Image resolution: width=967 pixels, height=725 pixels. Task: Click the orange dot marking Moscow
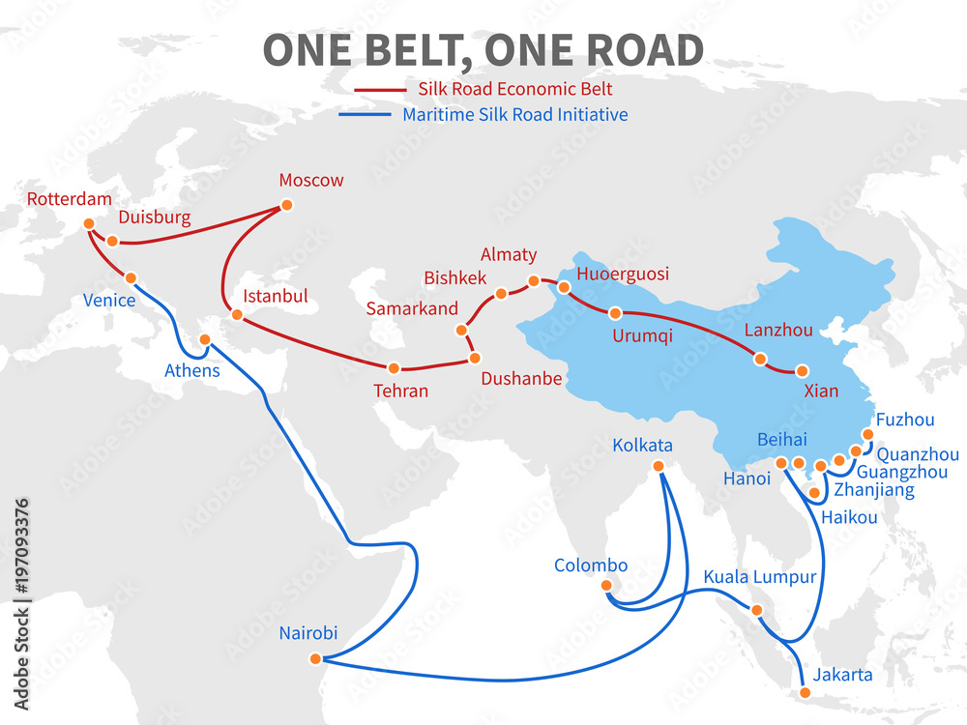point(286,204)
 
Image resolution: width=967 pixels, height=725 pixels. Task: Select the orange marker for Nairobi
point(315,659)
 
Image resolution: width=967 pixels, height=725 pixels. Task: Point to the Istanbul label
point(276,297)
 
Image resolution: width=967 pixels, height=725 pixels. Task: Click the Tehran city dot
point(394,368)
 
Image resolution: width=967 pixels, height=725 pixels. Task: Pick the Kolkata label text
point(642,446)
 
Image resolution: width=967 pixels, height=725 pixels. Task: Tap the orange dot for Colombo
point(606,585)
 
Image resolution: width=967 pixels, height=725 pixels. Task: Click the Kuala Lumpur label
point(760,577)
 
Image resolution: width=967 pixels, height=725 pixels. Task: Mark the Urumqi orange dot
point(615,313)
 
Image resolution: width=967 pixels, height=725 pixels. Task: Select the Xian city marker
point(801,370)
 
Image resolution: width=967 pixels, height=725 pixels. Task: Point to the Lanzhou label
point(778,331)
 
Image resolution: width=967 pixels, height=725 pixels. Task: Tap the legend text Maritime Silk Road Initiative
point(514,115)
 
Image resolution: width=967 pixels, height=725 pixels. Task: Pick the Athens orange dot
point(205,339)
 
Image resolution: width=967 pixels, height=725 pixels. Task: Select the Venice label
point(109,301)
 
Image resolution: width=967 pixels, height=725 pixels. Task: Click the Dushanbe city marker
point(474,358)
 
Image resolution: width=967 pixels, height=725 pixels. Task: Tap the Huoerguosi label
point(623,275)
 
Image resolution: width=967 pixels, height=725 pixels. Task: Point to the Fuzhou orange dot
point(867,435)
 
